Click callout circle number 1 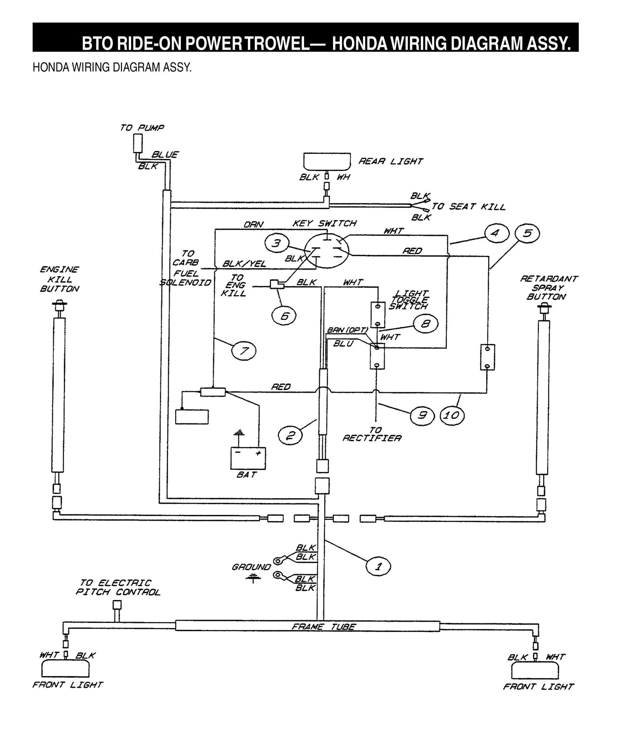[x=378, y=566]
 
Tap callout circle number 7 [x=244, y=351]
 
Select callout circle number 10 [x=452, y=416]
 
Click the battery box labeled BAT [x=248, y=458]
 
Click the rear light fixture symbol [x=327, y=162]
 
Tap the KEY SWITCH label [x=324, y=223]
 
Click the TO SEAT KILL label [x=468, y=207]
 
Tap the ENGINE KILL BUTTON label [x=60, y=279]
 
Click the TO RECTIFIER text [x=372, y=434]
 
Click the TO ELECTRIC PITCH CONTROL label [x=118, y=588]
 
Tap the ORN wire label [x=253, y=225]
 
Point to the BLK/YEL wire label [x=244, y=264]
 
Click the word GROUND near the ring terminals [x=251, y=567]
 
